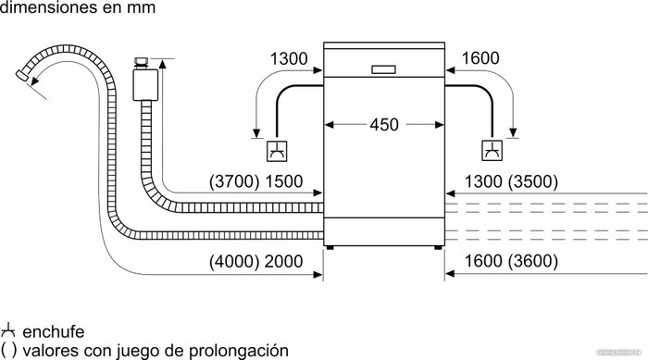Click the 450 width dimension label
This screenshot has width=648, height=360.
coord(384,124)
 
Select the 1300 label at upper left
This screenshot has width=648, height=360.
coord(289,58)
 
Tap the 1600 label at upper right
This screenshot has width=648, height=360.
coord(480,58)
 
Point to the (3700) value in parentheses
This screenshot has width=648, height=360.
coord(234,181)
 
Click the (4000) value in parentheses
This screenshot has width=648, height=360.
coord(234,261)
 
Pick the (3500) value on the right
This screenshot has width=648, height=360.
coord(532,181)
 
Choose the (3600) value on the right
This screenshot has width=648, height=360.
coord(532,261)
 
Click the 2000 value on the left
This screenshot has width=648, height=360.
coord(283,261)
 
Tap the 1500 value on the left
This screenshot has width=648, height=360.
coord(283,181)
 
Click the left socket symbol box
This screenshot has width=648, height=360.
coord(277,151)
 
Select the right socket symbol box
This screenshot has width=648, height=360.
coord(492,151)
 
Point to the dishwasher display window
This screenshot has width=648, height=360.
coord(383,69)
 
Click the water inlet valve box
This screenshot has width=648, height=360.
coord(145,85)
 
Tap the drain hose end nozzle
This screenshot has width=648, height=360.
coord(22,75)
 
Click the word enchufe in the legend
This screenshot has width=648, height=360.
coord(54,332)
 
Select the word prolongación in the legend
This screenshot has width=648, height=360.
coord(239,351)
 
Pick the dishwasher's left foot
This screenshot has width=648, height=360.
coord(330,248)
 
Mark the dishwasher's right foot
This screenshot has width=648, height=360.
coord(438,248)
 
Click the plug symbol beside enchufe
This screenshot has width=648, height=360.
coord(7,331)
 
